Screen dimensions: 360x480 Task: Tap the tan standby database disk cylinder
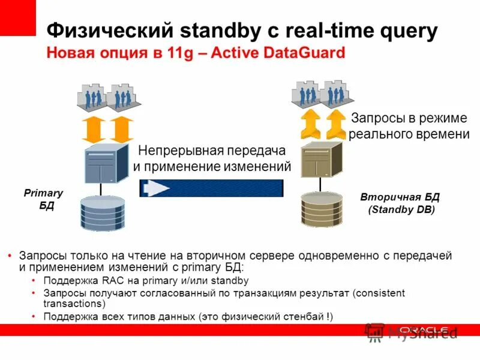[x=322, y=208]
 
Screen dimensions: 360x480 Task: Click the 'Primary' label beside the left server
[x=43, y=193]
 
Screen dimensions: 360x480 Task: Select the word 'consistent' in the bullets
[x=380, y=292]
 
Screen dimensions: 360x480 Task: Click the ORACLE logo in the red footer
[x=423, y=329]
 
